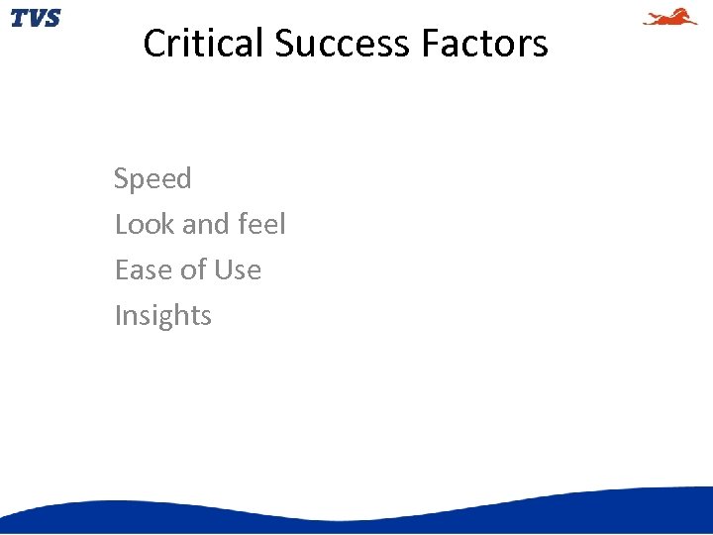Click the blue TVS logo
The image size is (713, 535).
coord(35,18)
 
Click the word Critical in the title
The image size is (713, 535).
coord(203,44)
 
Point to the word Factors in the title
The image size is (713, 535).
coord(484,44)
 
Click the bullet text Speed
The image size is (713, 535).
coord(153,179)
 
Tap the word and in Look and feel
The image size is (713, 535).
coord(205,224)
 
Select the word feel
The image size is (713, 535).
coord(261,224)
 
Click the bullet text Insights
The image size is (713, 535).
coord(163,315)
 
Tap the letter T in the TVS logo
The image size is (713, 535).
coord(19,18)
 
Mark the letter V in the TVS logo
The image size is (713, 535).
coord(35,18)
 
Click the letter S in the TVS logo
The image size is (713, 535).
coord(51,18)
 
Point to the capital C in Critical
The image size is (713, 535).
coord(154,44)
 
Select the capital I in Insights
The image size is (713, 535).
coord(118,315)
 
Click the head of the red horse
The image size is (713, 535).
coord(690,13)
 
